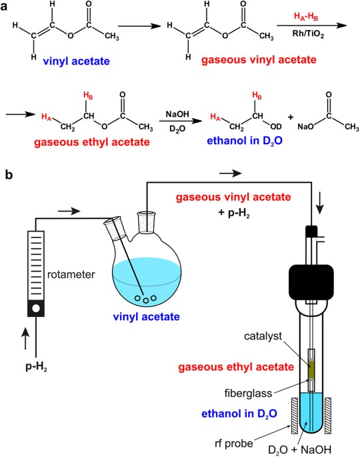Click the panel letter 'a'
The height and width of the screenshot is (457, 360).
[x=4, y=7]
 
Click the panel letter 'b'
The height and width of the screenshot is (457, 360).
[x=9, y=175]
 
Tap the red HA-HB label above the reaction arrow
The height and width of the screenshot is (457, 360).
[x=306, y=17]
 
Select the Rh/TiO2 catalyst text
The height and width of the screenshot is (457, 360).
[x=308, y=35]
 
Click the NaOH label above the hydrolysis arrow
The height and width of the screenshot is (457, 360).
[x=177, y=114]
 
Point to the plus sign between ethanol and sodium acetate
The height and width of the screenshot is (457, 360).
[x=291, y=117]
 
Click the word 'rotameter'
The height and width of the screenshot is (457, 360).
[x=71, y=275]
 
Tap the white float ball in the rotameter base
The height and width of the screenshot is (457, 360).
[x=36, y=308]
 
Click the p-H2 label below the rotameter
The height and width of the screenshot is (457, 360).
[x=37, y=366]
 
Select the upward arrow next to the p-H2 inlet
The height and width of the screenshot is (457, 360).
[x=26, y=339]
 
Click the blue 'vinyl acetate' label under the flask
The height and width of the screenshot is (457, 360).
[x=146, y=316]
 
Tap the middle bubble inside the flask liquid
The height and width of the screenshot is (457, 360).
[x=147, y=301]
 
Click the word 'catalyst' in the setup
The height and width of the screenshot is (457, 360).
[x=263, y=336]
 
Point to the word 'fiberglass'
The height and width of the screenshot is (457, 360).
[x=248, y=393]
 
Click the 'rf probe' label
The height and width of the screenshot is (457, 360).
[x=234, y=443]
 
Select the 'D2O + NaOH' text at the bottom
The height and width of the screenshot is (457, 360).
[x=300, y=450]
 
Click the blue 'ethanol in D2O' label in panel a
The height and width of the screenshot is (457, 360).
[x=245, y=141]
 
